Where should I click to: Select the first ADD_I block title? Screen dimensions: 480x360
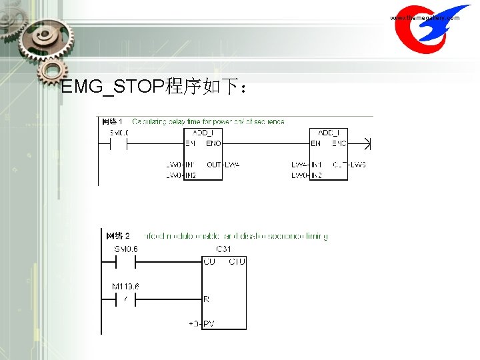(x=203, y=133)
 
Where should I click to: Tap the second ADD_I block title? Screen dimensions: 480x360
(x=329, y=133)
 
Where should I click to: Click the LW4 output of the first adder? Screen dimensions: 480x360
(x=232, y=164)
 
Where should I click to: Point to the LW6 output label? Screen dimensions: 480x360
(x=358, y=164)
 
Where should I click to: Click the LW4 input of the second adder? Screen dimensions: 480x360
(x=299, y=164)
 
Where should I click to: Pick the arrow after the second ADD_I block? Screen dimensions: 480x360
(x=364, y=143)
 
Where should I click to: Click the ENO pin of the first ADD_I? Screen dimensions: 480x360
(x=213, y=143)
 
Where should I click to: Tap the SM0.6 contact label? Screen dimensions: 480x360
(x=126, y=249)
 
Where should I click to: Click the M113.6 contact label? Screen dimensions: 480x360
(x=125, y=287)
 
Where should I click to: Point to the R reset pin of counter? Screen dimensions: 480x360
(x=207, y=299)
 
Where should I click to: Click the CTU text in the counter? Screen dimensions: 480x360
(x=237, y=261)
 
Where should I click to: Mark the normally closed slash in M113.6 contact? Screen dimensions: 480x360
(x=125, y=299)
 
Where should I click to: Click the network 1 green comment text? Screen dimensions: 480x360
(x=208, y=121)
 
